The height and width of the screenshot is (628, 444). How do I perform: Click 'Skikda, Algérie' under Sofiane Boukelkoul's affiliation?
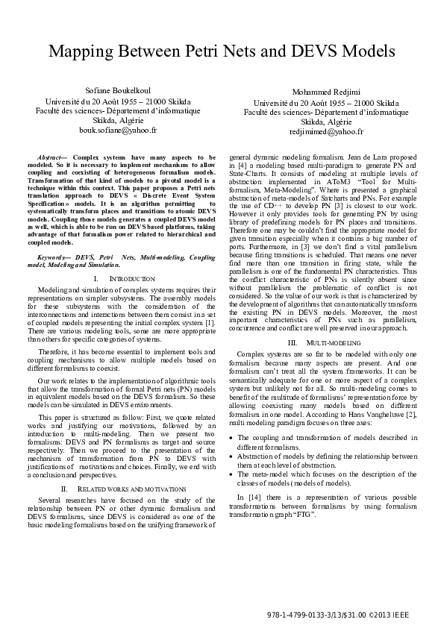tap(118, 119)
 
